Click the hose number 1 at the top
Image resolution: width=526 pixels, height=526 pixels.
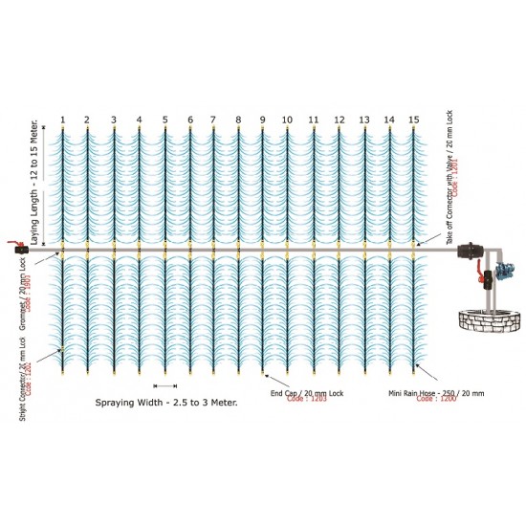coord(62,120)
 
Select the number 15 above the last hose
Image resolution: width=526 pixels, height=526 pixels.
coord(413,120)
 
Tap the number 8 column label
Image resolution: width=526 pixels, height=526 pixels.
coord(238,120)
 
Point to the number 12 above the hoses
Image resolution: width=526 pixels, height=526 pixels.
coord(339,120)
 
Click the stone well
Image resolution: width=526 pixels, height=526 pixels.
coord(484,320)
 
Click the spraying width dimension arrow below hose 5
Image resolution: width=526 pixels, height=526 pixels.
coord(165,385)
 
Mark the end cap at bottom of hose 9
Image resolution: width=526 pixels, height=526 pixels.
coord(263,370)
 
